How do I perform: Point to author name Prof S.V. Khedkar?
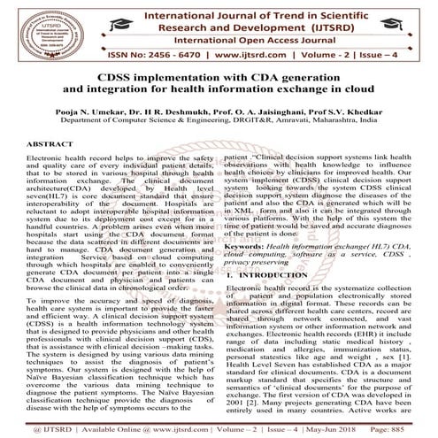click(346, 114)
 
